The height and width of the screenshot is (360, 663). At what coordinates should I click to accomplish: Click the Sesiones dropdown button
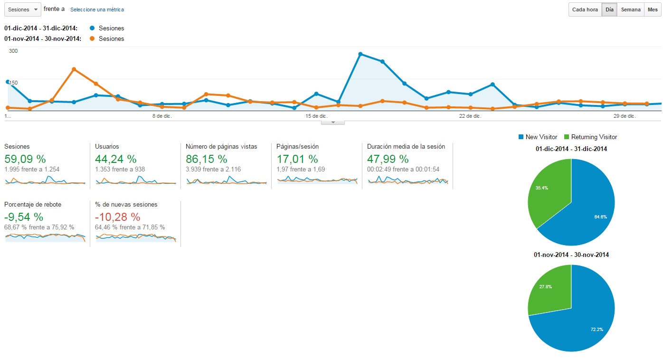pos(22,9)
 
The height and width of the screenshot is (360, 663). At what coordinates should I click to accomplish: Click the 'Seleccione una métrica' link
pos(97,9)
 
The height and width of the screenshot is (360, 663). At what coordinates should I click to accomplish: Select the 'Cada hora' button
pos(585,9)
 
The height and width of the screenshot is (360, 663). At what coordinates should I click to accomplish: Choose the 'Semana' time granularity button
pos(631,9)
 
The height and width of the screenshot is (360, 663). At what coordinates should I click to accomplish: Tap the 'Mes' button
pos(653,9)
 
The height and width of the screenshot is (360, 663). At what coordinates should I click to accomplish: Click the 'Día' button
pos(609,9)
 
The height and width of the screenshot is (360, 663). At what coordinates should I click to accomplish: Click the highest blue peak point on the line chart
pos(360,54)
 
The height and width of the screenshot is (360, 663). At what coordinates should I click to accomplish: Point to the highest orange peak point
pos(74,69)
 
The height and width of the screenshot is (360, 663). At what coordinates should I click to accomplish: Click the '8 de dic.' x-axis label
pos(162,116)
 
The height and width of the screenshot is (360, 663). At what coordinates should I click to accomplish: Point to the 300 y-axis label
pos(13,51)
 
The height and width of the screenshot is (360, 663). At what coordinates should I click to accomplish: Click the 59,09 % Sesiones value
pos(25,159)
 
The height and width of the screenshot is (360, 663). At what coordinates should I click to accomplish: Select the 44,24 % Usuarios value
pos(116,159)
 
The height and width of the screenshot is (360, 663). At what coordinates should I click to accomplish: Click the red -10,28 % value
pos(118,217)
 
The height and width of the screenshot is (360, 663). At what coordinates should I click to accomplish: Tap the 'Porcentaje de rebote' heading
pos(33,204)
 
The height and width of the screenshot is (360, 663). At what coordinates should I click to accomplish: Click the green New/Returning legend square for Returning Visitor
pos(567,137)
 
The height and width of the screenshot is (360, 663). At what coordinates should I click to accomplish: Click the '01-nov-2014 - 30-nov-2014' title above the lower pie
pos(571,255)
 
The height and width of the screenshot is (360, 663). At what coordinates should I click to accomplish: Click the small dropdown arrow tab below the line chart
pos(333,123)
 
